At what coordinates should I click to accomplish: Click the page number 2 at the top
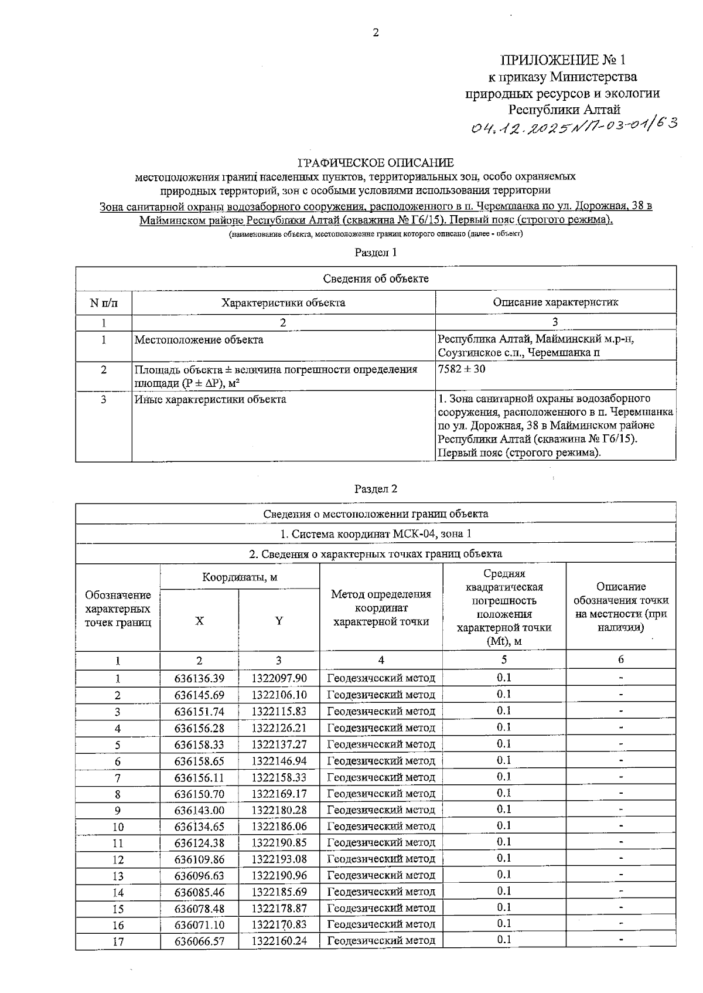click(376, 33)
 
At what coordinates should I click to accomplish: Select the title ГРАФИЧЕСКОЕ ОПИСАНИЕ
click(376, 162)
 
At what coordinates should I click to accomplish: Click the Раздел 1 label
click(376, 253)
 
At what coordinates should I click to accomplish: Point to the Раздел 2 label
click(376, 488)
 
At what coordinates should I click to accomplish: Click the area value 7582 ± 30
click(462, 369)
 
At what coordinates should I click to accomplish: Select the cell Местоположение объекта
click(199, 339)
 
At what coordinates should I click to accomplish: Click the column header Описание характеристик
click(555, 302)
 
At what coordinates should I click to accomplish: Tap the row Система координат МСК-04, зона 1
click(376, 534)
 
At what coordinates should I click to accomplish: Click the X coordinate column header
click(199, 621)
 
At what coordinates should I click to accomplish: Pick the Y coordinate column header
click(279, 621)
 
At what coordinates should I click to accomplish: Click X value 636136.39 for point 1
click(199, 678)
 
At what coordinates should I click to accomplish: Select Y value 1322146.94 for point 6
click(279, 761)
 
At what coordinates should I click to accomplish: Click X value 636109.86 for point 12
click(199, 859)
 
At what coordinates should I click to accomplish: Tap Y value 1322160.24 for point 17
click(279, 941)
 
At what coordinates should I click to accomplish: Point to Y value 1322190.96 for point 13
click(279, 876)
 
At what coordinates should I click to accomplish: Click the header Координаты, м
click(240, 577)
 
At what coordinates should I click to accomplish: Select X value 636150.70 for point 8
click(199, 794)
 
